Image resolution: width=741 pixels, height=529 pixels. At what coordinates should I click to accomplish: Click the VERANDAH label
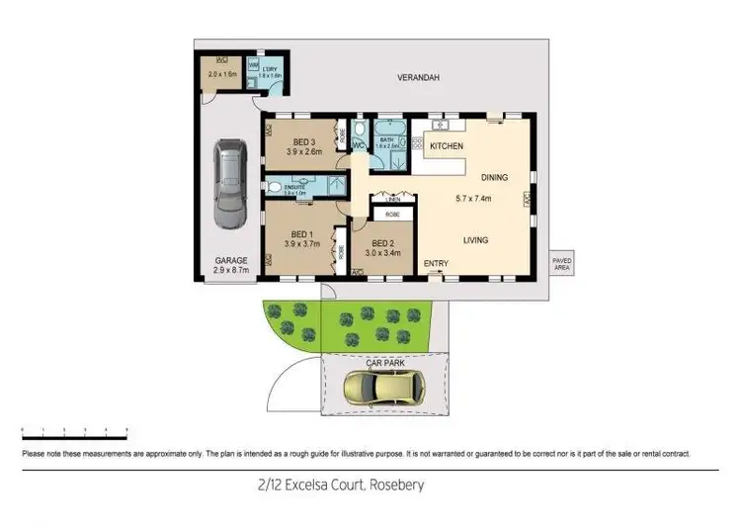(418, 77)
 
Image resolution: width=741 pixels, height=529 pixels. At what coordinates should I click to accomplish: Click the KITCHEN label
(447, 146)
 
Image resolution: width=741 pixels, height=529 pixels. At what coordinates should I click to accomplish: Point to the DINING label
(494, 178)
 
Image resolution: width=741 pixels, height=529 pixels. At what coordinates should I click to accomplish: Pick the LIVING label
(477, 240)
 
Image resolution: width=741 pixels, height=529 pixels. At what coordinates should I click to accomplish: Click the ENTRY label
(436, 264)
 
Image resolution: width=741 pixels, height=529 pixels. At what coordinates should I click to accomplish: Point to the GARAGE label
(230, 261)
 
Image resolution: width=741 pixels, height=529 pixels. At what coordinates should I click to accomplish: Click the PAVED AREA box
(561, 262)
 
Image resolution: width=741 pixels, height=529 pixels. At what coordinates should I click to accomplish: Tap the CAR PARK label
(384, 363)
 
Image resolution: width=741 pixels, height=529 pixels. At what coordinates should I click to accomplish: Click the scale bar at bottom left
(75, 432)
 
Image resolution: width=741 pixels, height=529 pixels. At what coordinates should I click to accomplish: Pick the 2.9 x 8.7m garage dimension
(230, 270)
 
